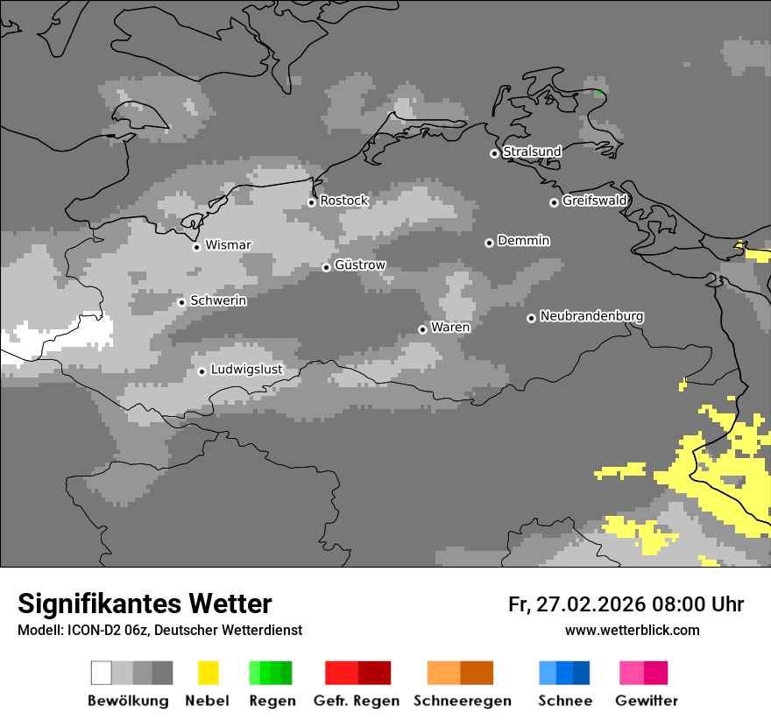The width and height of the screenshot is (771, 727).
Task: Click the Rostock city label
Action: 343,201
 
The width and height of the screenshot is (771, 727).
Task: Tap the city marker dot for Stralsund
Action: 494,153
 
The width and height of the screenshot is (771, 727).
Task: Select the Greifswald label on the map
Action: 594,201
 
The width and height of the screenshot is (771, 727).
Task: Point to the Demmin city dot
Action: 489,243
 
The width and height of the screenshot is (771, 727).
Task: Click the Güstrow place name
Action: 359,265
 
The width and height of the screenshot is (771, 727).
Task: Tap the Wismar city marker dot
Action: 196,247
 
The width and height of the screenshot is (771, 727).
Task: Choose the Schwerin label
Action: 218,300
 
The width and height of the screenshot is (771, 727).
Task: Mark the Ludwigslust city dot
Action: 202,371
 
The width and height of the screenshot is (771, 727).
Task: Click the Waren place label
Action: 450,327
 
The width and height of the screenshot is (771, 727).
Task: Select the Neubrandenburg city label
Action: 591,315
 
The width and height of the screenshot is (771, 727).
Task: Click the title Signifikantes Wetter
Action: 145,603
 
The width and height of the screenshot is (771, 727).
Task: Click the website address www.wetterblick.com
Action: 632,630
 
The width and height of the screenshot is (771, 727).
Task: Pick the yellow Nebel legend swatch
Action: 208,673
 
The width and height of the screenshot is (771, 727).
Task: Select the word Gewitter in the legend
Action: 646,701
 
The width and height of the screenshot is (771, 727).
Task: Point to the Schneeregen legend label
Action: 462,701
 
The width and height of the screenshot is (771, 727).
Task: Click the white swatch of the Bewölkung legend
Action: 102,673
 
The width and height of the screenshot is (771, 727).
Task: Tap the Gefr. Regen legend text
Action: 356,701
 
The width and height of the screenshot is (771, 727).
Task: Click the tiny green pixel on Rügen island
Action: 599,92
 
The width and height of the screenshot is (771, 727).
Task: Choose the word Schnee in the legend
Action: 564,701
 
